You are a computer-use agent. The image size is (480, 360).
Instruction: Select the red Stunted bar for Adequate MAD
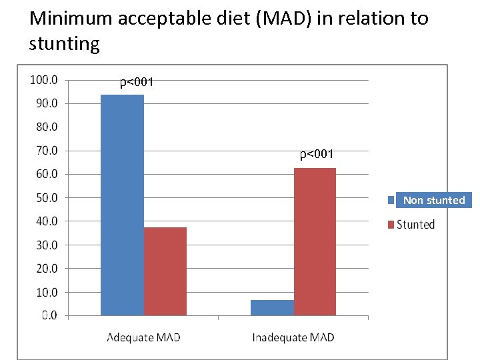coord(165,271)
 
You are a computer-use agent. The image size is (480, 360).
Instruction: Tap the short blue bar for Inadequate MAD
coord(272,307)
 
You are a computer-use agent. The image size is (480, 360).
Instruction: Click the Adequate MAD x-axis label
coord(143,337)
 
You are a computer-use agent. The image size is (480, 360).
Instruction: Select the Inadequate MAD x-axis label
coord(293,337)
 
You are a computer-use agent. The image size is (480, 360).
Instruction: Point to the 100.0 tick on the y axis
coord(44,80)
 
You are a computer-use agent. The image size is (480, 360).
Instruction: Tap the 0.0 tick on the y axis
coord(49,315)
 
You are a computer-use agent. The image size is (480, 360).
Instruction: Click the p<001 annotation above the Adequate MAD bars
coord(137,83)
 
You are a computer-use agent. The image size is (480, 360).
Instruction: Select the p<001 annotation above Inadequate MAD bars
coord(317,155)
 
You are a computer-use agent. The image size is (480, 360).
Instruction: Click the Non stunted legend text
coord(434,200)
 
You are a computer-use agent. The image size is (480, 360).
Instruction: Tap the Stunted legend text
coord(415,225)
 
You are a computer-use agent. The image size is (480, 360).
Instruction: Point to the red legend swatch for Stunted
coord(391,225)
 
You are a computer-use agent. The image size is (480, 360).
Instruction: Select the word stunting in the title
coord(64,44)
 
